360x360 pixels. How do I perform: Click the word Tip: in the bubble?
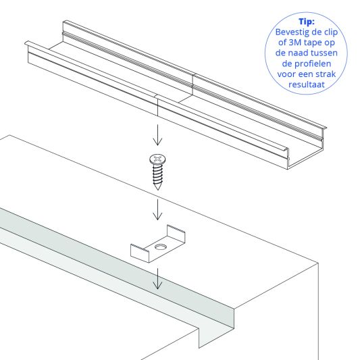click(310, 21)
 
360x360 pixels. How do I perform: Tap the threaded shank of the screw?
click(157, 177)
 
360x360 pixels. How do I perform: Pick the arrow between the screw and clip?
click(157, 209)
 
